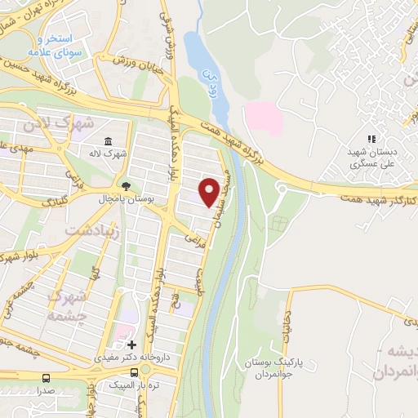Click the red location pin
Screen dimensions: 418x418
pyautogui.click(x=209, y=191)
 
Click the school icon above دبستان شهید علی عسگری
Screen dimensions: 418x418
pyautogui.click(x=372, y=140)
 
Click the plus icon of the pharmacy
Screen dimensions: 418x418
pyautogui.click(x=131, y=345)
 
